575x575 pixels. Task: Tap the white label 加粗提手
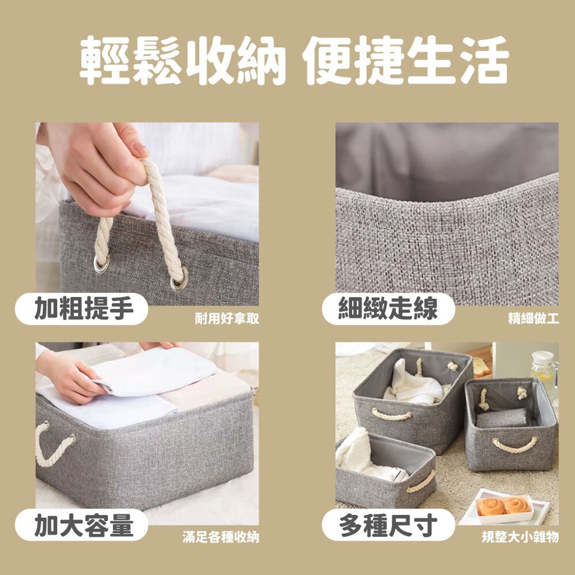pyautogui.click(x=81, y=308)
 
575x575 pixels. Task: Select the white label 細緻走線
pyautogui.click(x=389, y=308)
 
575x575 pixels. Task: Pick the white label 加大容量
pyautogui.click(x=81, y=525)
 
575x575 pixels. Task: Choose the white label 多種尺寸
pyautogui.click(x=389, y=525)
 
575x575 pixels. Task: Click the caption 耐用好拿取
pyautogui.click(x=227, y=318)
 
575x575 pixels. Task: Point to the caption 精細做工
pyautogui.click(x=533, y=318)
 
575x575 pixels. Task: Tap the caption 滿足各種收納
pyautogui.click(x=221, y=537)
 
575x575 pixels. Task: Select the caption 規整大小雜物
pyautogui.click(x=520, y=537)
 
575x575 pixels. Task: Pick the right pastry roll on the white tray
pyautogui.click(x=517, y=506)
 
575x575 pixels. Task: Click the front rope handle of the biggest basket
pyautogui.click(x=391, y=416)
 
